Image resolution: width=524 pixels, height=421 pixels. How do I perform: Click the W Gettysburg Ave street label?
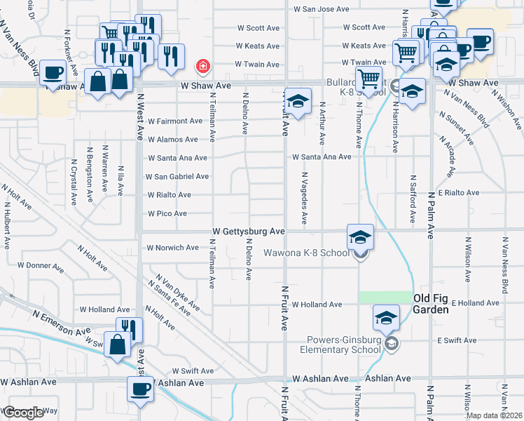[249, 231]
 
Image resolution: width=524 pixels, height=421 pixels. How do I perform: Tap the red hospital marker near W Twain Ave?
[202, 67]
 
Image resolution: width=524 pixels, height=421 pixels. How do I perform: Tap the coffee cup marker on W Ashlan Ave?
[139, 389]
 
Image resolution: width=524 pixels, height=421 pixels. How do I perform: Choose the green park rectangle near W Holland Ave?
[385, 298]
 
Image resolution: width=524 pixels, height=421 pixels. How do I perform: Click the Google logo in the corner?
[22, 413]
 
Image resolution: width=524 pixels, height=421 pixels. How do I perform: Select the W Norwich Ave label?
[172, 248]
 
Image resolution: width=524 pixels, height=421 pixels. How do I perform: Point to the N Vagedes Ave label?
[304, 199]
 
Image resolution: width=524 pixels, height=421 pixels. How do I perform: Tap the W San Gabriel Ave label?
[178, 177]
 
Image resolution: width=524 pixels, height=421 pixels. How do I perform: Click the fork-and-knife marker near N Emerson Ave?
[129, 328]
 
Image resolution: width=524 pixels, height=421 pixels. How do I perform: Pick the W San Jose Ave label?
[321, 10]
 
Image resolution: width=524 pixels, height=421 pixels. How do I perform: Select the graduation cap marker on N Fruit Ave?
[298, 102]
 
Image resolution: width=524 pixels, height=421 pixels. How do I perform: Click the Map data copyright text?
[494, 415]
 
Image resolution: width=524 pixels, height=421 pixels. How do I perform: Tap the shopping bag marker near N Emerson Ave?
[116, 343]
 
